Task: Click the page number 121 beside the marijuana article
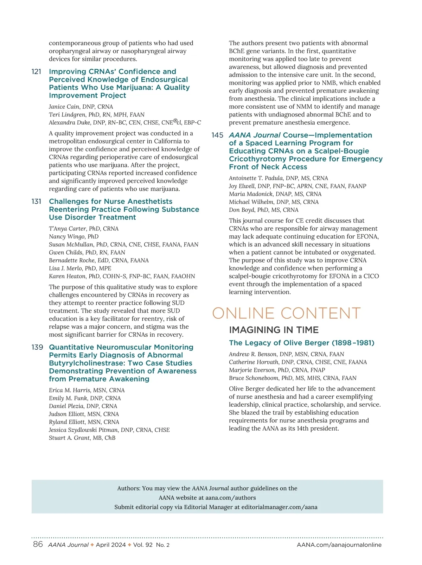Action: point(36,72)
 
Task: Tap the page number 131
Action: point(36,202)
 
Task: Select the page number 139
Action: point(37,347)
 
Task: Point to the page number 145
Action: point(217,135)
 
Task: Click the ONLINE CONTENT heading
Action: point(286,313)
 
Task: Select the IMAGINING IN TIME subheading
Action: point(274,330)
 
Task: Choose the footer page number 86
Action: point(38,545)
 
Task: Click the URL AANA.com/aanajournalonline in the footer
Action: point(339,545)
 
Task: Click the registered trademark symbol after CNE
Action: point(175,121)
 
